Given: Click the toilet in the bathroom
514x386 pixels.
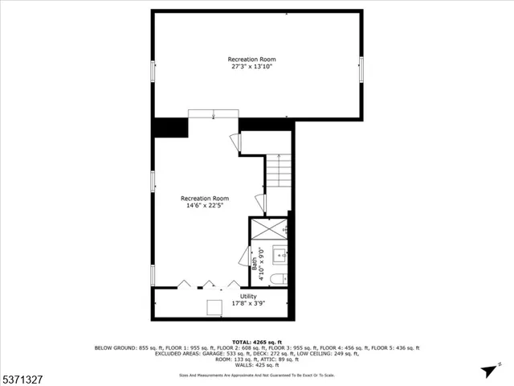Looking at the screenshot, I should coord(277,279).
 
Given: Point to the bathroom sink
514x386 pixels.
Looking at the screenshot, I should coord(279,257).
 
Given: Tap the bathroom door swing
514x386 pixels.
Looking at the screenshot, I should coord(244,258).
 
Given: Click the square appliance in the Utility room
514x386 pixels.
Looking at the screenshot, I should coord(215,308).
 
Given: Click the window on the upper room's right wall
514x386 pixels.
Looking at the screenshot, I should coord(361,68).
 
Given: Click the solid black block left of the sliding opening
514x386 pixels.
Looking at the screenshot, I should coord(170,127).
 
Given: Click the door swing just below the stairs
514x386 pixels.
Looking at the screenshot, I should coord(260,203).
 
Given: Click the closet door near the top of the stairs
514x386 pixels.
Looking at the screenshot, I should coord(235,143).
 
